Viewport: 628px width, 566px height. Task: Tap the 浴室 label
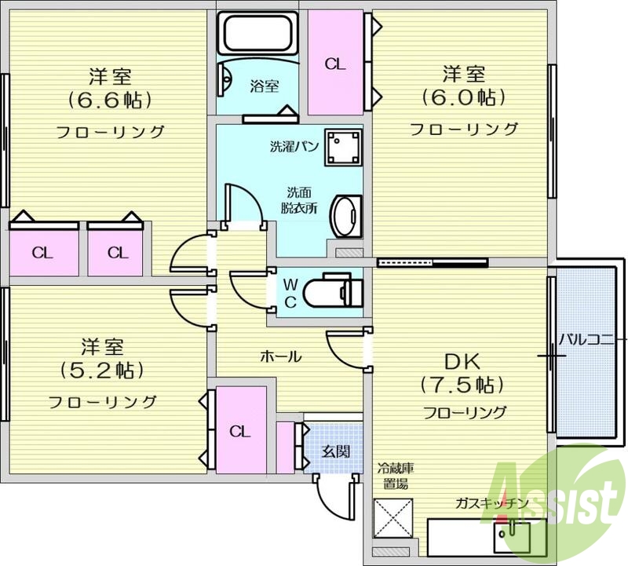(x=263, y=86)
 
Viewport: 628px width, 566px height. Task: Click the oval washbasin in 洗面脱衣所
(x=345, y=216)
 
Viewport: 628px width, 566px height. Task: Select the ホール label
(x=280, y=356)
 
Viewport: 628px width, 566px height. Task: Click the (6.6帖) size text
(x=110, y=100)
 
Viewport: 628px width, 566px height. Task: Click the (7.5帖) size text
(x=462, y=385)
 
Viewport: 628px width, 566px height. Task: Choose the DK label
(x=463, y=360)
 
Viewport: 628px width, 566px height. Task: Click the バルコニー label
(x=593, y=339)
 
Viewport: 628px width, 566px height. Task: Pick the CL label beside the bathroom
(x=335, y=64)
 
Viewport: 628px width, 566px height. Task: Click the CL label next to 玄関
(x=240, y=431)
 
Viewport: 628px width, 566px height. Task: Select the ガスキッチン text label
(x=487, y=503)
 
